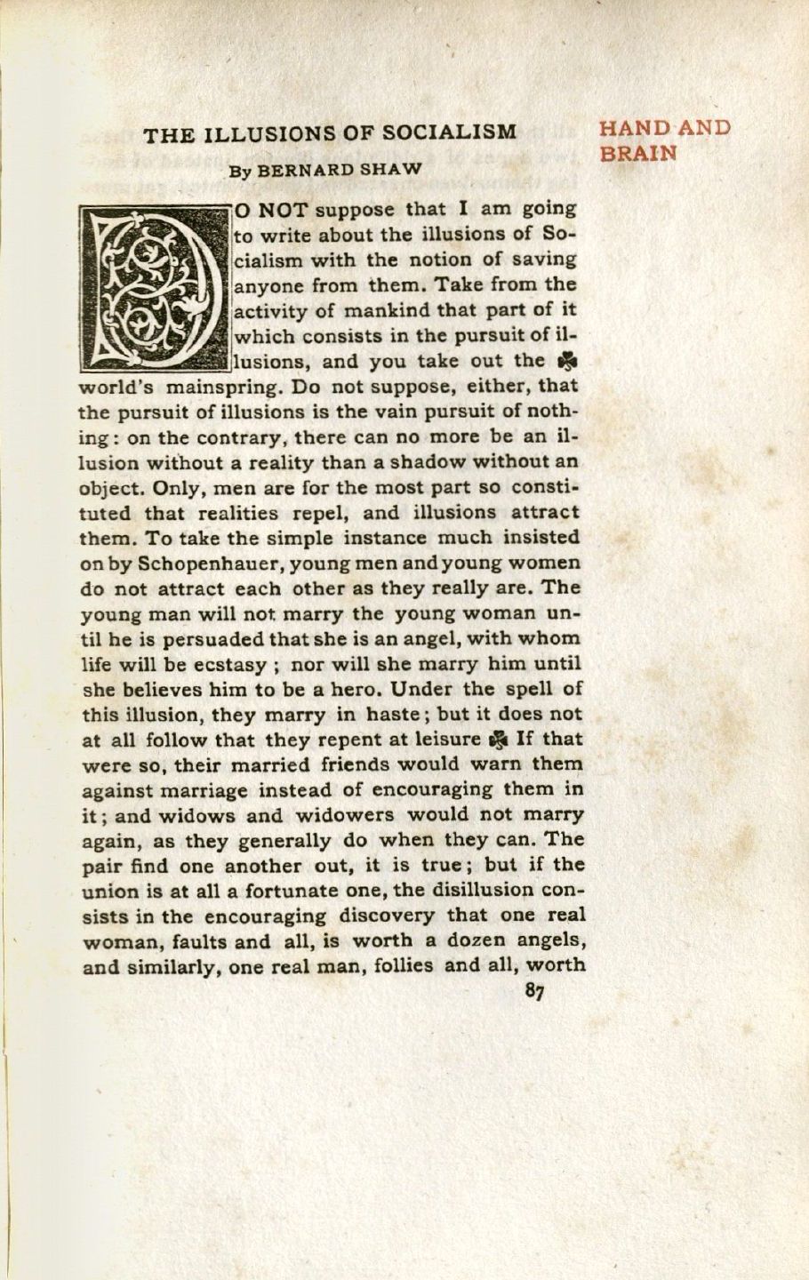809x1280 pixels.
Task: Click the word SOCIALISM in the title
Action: pyautogui.click(x=449, y=133)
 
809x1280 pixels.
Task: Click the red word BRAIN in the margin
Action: pyautogui.click(x=637, y=153)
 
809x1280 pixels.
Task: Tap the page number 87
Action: pyautogui.click(x=534, y=992)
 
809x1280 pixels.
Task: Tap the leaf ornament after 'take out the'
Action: pyautogui.click(x=563, y=362)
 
